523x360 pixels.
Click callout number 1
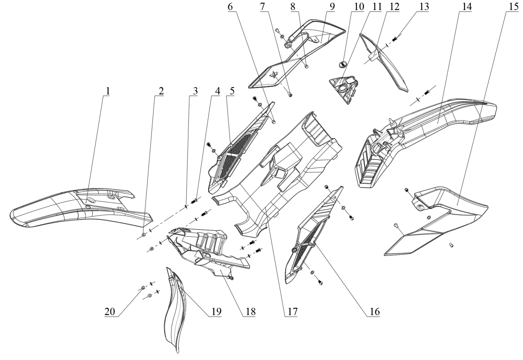click(x=108, y=91)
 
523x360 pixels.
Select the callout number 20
click(x=110, y=311)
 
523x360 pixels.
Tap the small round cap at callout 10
click(x=344, y=64)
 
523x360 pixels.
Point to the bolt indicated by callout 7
click(x=290, y=95)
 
